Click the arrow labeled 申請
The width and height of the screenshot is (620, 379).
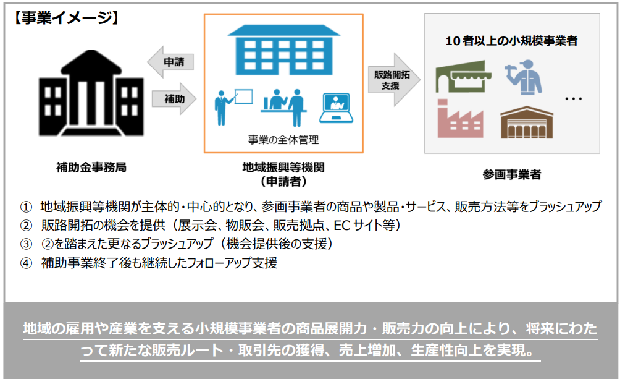coord(171,62)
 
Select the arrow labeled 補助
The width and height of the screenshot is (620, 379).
coord(174,98)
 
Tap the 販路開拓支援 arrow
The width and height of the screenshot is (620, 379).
coord(394,80)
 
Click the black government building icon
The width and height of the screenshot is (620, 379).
coord(91,93)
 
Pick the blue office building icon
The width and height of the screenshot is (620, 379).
coord(284,50)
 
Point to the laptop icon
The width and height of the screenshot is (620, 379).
coord(336,108)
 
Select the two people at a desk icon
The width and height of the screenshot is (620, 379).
coord(284,107)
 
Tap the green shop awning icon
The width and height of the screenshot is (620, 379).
coord(463,76)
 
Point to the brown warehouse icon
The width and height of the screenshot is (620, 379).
coord(527,122)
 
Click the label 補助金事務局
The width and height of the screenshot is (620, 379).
coord(91,168)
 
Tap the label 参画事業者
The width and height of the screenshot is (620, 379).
coord(512,174)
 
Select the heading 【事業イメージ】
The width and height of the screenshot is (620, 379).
coord(66,18)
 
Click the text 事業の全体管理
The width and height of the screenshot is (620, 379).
coord(283,140)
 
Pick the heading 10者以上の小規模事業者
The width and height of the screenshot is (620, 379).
coord(511,41)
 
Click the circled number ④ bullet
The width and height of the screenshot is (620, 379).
coord(26,263)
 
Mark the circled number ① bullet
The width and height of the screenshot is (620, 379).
coord(26,207)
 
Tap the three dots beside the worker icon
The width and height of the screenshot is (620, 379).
coord(573,98)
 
